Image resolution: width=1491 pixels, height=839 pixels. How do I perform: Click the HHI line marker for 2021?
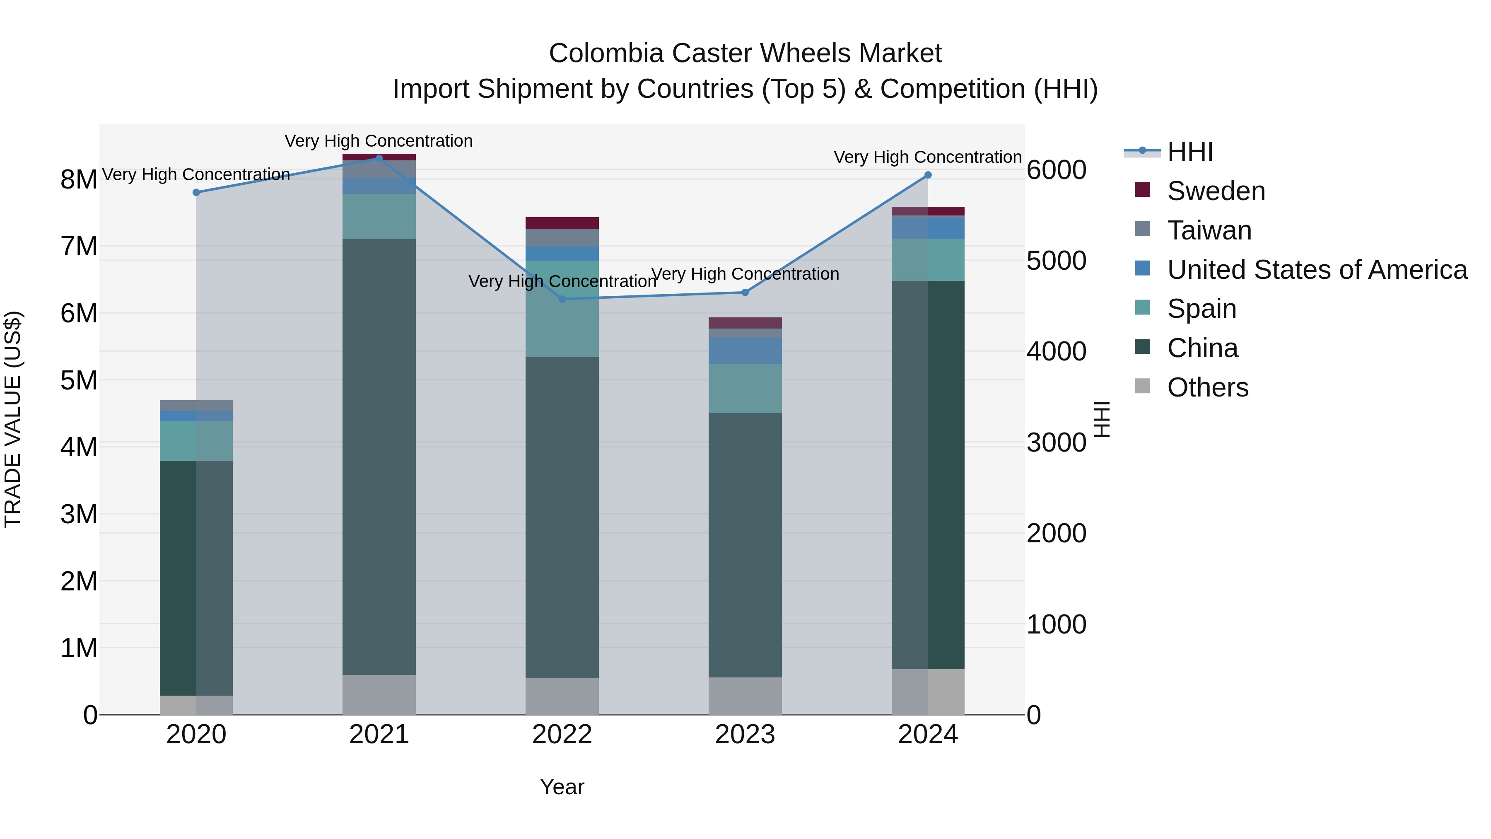coord(379,158)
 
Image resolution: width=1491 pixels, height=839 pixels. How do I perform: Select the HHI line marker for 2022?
coord(562,299)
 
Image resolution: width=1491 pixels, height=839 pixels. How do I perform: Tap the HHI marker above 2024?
coord(928,175)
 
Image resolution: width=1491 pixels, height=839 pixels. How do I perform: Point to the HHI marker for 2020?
coord(196,192)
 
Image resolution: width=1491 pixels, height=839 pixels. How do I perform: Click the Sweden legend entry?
coord(1216,191)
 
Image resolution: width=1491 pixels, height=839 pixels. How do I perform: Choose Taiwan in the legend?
coord(1209,230)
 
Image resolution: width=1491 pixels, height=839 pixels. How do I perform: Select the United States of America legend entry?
coord(1317,270)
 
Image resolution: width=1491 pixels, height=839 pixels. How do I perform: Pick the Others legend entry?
coord(1207,387)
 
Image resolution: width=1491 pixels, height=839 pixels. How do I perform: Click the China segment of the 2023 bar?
coord(745,544)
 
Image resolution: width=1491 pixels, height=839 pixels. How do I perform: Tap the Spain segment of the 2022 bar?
coord(562,309)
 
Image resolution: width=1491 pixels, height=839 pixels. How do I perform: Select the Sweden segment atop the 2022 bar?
coord(562,223)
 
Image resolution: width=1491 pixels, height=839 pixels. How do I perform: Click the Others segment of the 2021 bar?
coord(379,694)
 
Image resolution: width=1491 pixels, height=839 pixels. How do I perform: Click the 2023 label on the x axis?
coord(745,735)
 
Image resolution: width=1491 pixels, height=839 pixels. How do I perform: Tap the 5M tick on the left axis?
coord(79,380)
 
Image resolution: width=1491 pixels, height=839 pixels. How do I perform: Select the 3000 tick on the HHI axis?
coord(1056,443)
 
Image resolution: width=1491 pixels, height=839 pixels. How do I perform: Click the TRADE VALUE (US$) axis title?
coord(13,419)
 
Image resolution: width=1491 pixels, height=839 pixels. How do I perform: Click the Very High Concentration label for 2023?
coord(745,274)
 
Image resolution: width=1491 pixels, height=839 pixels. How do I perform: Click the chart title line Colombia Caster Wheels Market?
coord(745,53)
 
